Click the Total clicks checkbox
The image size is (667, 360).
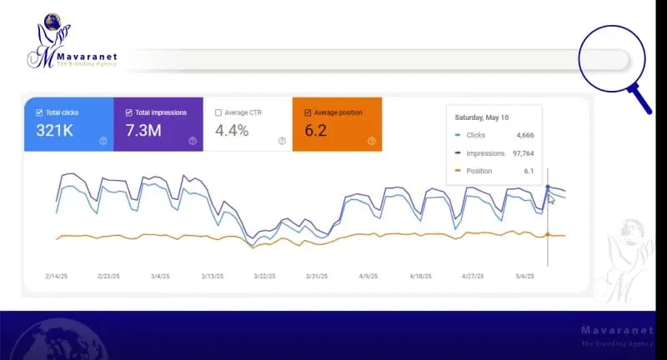tap(39, 112)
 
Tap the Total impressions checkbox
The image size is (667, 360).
tap(129, 112)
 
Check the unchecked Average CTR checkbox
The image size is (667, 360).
tap(218, 112)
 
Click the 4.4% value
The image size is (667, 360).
tap(232, 130)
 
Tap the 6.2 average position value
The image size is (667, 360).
tap(317, 130)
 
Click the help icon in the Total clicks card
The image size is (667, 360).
tap(103, 141)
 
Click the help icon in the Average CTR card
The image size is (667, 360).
tap(282, 141)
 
